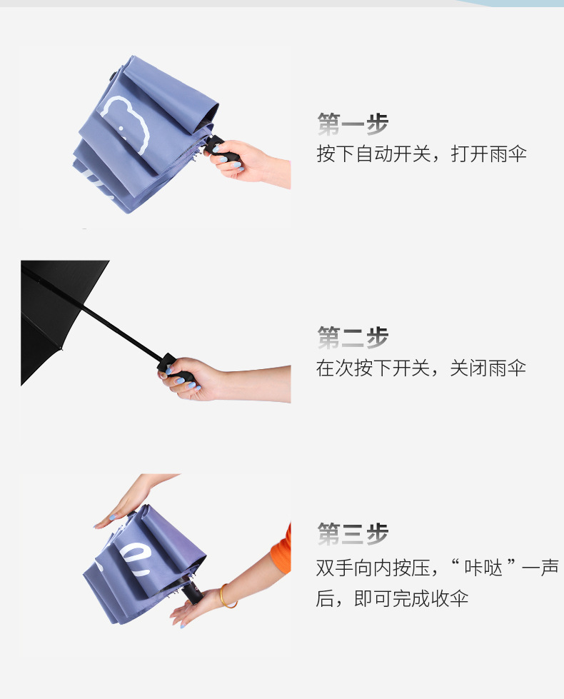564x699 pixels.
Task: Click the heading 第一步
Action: coord(353,124)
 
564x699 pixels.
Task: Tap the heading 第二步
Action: coord(353,337)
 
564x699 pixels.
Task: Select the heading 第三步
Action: coord(353,533)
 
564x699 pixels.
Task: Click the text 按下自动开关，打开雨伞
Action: coord(421,154)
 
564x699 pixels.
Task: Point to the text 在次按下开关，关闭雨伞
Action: coord(421,368)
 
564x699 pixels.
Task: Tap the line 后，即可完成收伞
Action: coord(392,598)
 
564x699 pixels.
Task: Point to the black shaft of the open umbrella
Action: coord(121,330)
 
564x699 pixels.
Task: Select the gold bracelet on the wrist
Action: coord(227,596)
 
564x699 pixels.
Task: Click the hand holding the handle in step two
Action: coord(196,379)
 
